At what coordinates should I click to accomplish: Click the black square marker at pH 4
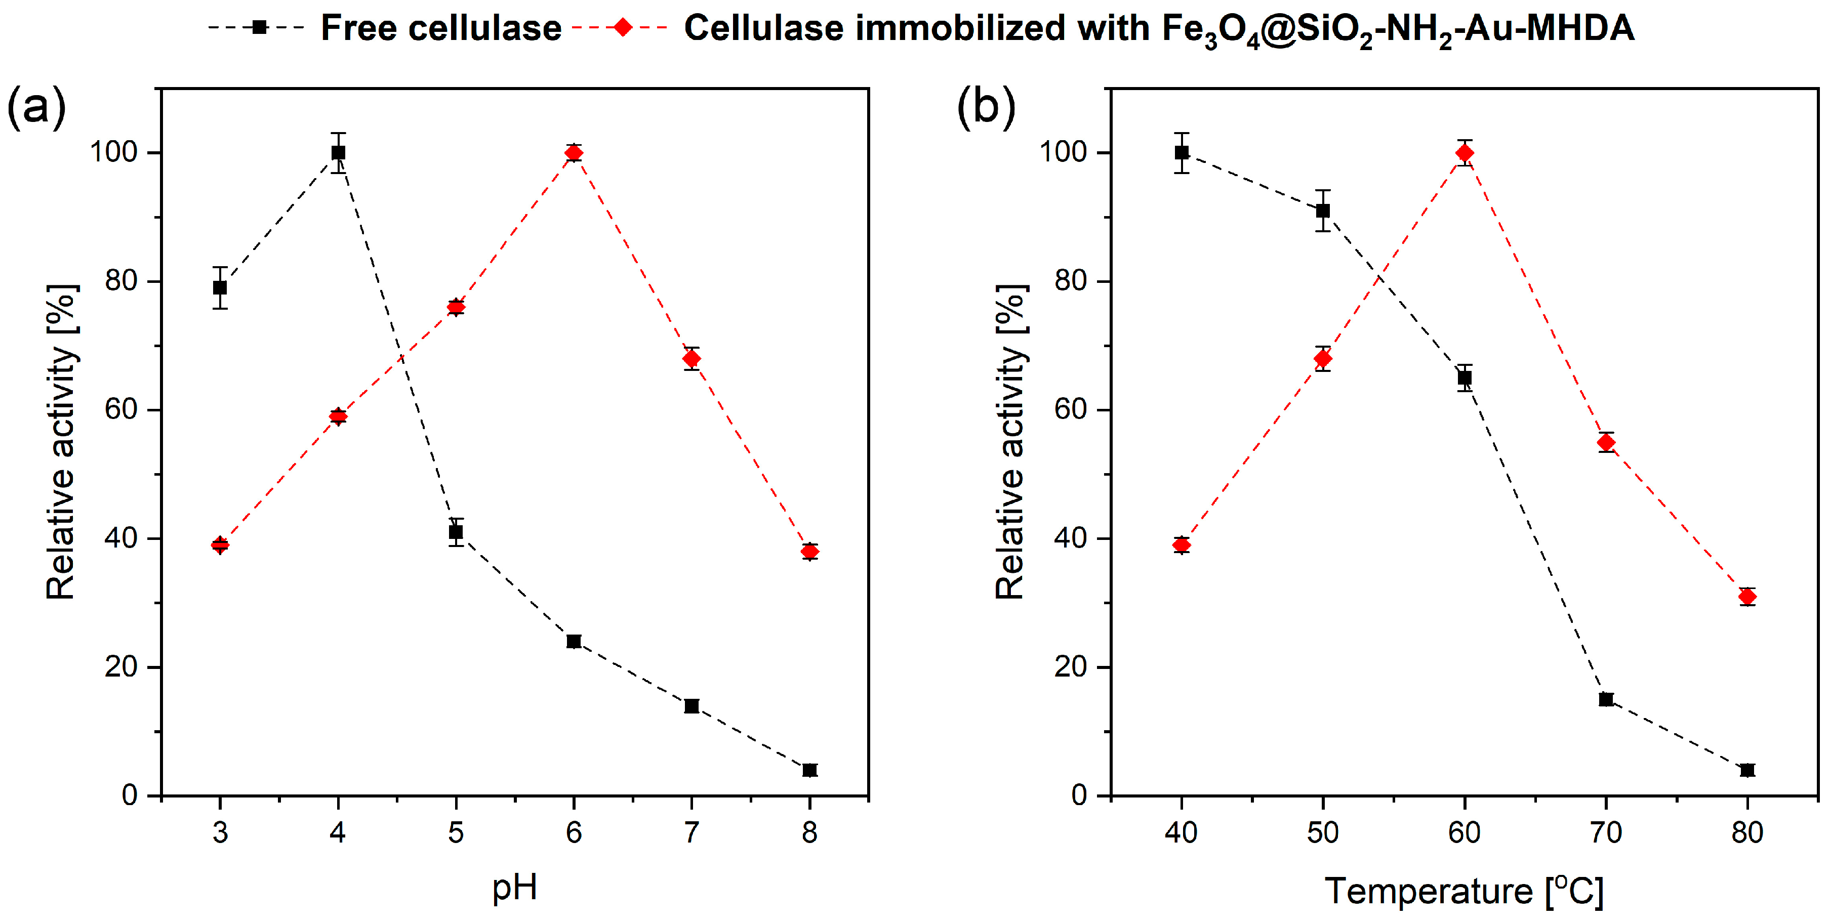[x=338, y=153]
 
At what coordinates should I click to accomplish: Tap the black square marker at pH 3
[x=220, y=287]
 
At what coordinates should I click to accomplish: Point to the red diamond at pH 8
[x=809, y=552]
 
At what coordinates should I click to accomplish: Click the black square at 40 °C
[x=1182, y=153]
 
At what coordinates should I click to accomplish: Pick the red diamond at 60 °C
[x=1464, y=153]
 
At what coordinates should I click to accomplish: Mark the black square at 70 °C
[x=1606, y=699]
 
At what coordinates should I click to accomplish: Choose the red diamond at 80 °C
[x=1747, y=597]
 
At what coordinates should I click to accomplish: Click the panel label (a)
[x=35, y=107]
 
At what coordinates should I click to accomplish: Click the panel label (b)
[x=986, y=107]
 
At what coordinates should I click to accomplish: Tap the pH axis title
[x=514, y=887]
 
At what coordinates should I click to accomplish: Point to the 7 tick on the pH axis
[x=691, y=832]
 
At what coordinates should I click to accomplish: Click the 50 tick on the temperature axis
[x=1323, y=832]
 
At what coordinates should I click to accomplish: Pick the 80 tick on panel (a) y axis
[x=121, y=281]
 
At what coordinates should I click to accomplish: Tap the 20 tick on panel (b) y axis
[x=1071, y=667]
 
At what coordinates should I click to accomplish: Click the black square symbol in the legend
[x=259, y=28]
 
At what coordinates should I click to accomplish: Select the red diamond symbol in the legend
[x=622, y=28]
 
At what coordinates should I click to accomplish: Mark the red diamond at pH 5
[x=456, y=307]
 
